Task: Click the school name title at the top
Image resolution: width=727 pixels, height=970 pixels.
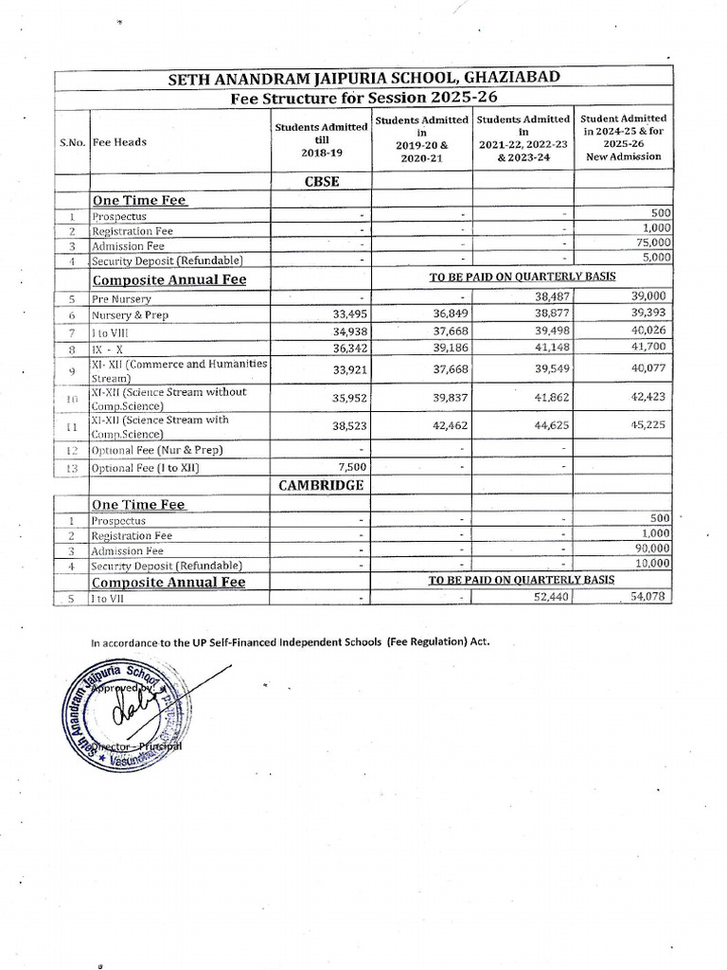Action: pyautogui.click(x=363, y=79)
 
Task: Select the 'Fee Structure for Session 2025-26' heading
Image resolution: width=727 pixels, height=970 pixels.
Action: pyautogui.click(x=363, y=98)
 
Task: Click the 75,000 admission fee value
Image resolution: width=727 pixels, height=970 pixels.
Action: pyautogui.click(x=650, y=243)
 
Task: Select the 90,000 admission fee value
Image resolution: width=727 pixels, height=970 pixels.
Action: pyautogui.click(x=650, y=548)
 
